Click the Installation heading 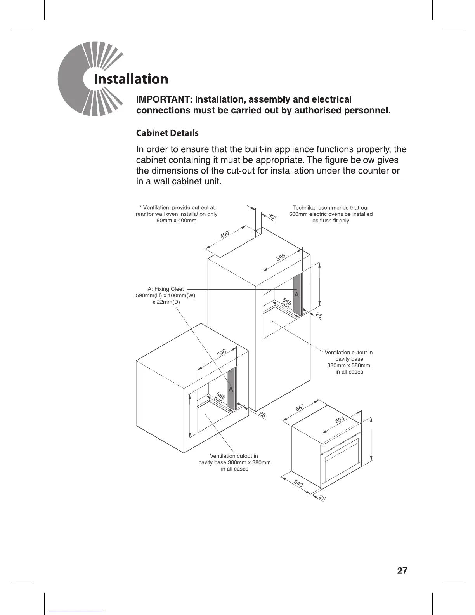pos(131,79)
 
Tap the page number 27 pos(402,570)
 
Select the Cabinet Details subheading pos(167,133)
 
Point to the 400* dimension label pos(225,235)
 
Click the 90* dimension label pos(272,217)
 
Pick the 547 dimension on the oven pos(300,408)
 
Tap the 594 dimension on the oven pos(340,420)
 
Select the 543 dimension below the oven pos(298,483)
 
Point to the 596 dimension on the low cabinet pos(221,353)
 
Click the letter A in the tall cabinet pos(296,295)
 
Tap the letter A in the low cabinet pos(231,389)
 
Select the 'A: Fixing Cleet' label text pos(166,289)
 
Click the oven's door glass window pos(342,464)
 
